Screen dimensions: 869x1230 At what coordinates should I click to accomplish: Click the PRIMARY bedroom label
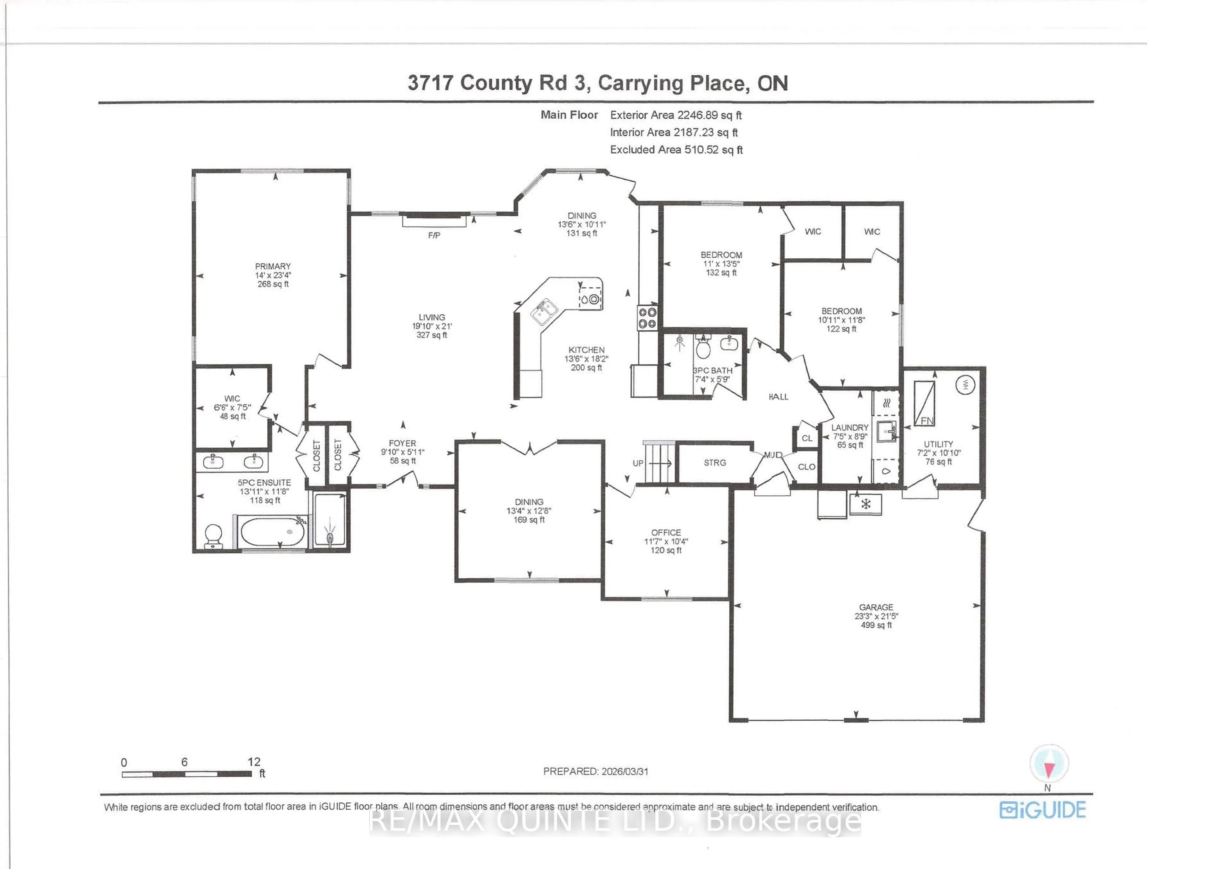[273, 266]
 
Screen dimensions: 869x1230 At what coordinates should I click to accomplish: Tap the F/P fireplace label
[434, 235]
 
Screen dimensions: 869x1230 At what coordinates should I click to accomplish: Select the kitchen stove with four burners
[647, 318]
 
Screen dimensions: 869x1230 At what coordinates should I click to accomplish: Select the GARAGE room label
[876, 607]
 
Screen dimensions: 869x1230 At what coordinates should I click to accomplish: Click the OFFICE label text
[666, 533]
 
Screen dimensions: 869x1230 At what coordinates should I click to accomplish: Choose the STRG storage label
[715, 462]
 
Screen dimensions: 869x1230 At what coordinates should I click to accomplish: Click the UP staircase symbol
[658, 463]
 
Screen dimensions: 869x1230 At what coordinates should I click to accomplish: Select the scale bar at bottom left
[186, 774]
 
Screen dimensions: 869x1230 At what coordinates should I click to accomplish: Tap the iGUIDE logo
[1043, 809]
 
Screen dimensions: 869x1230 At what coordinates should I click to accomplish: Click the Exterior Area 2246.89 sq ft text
[676, 115]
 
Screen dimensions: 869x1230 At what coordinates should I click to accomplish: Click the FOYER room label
[402, 443]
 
